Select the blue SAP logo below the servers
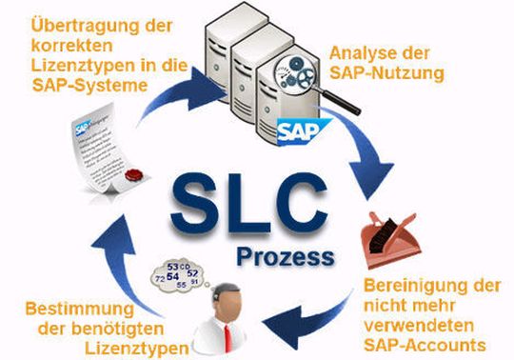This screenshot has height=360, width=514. [296, 130]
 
